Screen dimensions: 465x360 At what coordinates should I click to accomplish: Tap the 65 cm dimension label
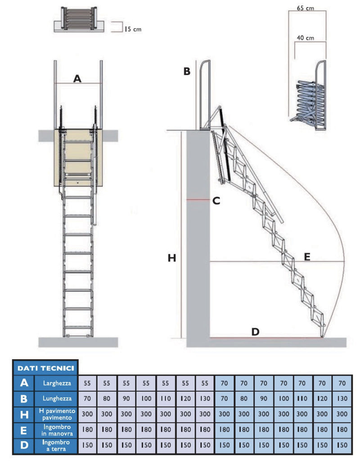(x=306, y=8)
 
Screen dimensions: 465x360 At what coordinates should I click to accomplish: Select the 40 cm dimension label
(x=306, y=38)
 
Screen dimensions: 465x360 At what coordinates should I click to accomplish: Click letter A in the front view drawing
(x=77, y=79)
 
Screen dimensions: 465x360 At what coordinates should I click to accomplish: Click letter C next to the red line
(x=216, y=201)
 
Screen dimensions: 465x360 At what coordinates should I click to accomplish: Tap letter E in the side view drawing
(x=307, y=257)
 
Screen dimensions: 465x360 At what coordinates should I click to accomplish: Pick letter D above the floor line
(x=255, y=332)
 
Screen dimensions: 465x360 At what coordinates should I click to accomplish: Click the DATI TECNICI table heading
(x=45, y=368)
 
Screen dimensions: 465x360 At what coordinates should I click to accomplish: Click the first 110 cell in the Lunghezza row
(x=166, y=398)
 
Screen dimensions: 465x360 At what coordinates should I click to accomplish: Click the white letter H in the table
(x=24, y=414)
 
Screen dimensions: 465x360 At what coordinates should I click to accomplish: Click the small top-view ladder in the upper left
(x=79, y=20)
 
